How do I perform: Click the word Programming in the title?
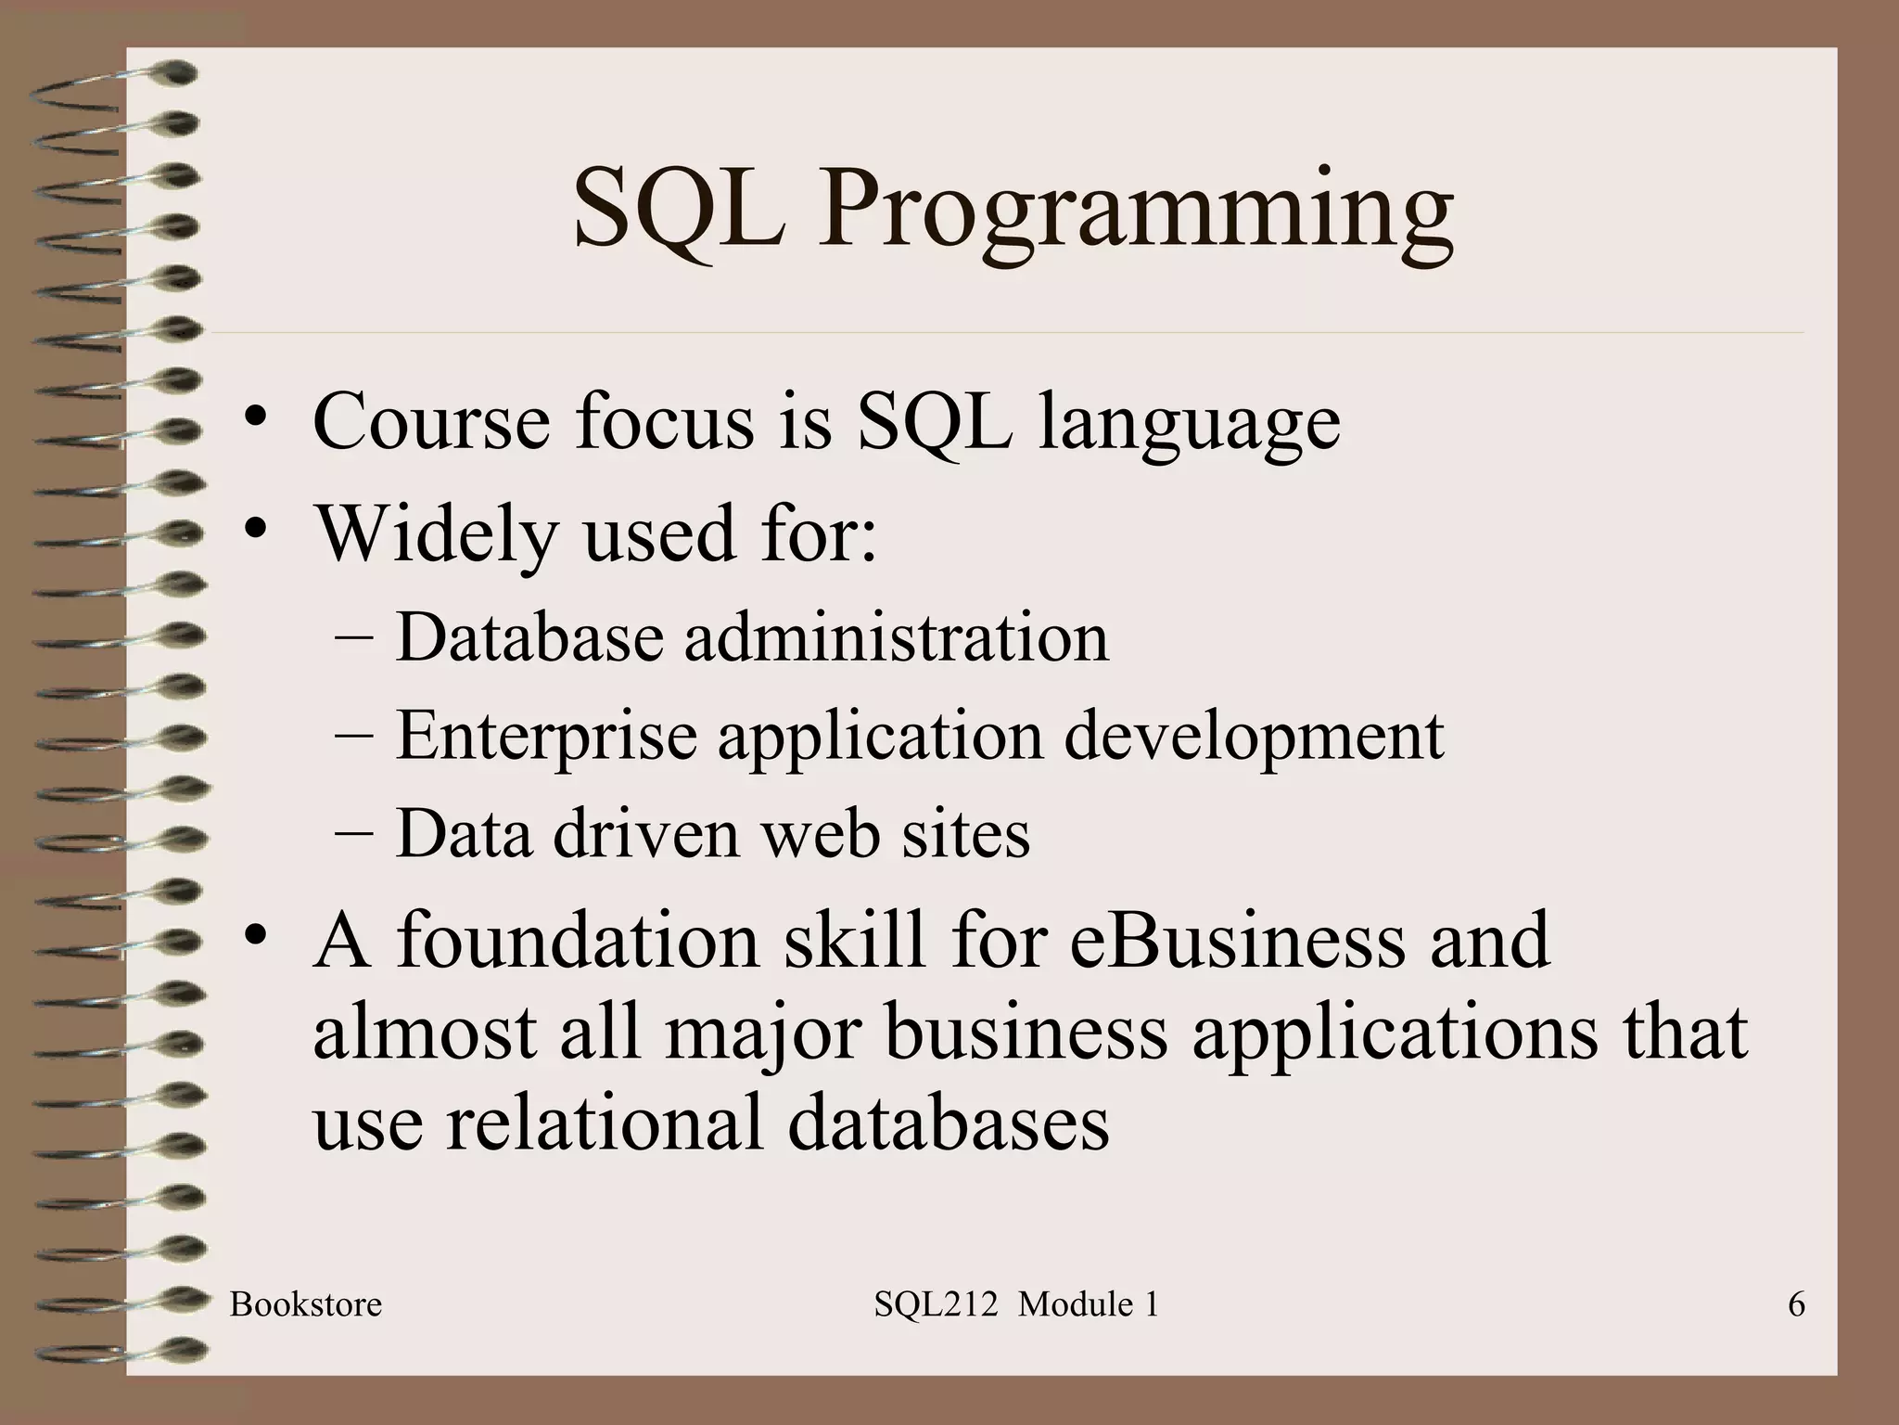click(1135, 212)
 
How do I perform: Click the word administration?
click(896, 638)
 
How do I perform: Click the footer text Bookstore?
click(306, 1305)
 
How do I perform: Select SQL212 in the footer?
click(935, 1305)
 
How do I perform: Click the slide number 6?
click(1796, 1305)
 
